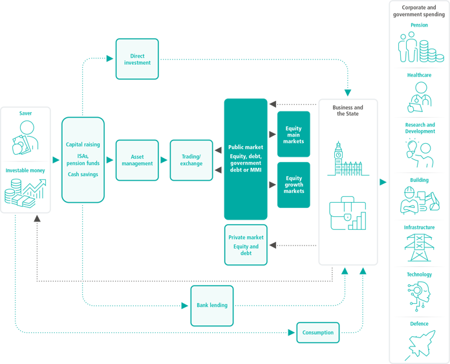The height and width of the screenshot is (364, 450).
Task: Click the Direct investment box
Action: [137, 59]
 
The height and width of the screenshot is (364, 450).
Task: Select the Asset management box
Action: [137, 160]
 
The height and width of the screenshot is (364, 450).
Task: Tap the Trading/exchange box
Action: [191, 160]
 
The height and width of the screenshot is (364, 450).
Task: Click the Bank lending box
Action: [212, 305]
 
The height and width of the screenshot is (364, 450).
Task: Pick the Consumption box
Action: [318, 333]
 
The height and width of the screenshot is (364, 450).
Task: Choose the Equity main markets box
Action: [294, 135]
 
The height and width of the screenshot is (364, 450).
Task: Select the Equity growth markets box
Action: [294, 185]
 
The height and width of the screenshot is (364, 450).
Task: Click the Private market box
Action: [246, 245]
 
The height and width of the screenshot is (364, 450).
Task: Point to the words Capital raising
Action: [83, 145]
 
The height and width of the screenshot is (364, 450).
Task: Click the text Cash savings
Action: [83, 175]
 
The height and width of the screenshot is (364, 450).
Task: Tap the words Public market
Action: [246, 148]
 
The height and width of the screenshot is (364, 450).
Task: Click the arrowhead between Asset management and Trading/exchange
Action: [166, 160]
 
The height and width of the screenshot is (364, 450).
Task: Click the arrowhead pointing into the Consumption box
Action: [292, 333]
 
